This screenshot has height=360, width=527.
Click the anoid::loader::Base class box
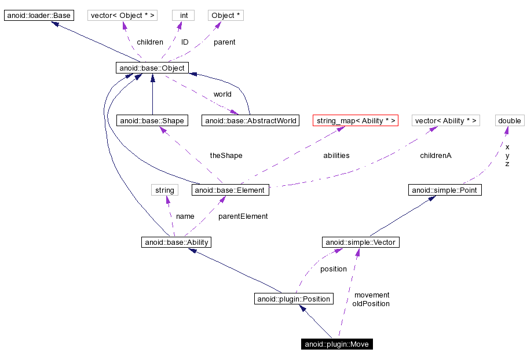(x=39, y=16)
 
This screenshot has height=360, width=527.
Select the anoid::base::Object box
(x=152, y=68)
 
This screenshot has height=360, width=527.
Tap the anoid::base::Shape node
(x=152, y=120)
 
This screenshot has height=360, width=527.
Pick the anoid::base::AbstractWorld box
(x=250, y=120)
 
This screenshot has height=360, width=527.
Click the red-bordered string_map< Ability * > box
(x=356, y=120)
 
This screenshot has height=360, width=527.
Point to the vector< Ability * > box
(x=446, y=120)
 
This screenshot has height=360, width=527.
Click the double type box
(x=510, y=120)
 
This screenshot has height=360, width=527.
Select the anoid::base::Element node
(x=230, y=190)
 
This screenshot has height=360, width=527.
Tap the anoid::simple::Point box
(x=445, y=190)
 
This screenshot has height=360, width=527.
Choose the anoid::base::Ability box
(x=176, y=242)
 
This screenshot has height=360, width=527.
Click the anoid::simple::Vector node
(x=361, y=242)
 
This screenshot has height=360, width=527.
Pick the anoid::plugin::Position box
(x=294, y=299)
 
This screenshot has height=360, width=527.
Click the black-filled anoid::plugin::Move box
(x=337, y=344)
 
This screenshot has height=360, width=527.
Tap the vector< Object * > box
(x=123, y=16)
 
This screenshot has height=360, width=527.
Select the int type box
(x=184, y=16)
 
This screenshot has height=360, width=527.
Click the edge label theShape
(x=226, y=155)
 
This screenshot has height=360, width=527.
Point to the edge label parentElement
(x=243, y=216)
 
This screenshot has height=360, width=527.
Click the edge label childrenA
(x=435, y=155)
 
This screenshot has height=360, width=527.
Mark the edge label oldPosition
(x=371, y=304)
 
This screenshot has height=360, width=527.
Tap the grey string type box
(x=164, y=190)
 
